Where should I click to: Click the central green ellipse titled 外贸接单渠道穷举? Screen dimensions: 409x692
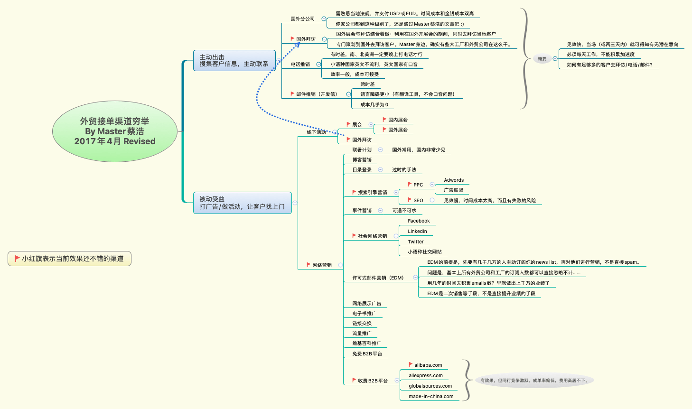click(114, 131)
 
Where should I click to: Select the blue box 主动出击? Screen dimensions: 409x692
click(234, 60)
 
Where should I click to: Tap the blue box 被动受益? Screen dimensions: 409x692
click(242, 203)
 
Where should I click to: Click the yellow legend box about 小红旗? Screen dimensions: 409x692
click(69, 259)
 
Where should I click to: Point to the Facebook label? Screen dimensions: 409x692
click(419, 221)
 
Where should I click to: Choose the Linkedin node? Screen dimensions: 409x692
click(417, 232)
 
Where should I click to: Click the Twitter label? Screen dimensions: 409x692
click(416, 242)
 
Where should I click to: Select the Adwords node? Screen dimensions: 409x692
click(454, 180)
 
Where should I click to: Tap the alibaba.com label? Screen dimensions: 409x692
click(428, 365)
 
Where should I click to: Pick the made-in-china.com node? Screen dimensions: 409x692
click(431, 397)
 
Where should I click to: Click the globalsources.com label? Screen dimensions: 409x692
click(430, 386)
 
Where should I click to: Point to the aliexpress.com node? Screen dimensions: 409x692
click(426, 376)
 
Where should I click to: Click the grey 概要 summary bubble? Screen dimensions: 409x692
click(542, 59)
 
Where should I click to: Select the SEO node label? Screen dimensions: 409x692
click(418, 201)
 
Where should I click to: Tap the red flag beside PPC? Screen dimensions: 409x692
click(410, 184)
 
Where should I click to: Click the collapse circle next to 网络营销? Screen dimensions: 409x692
click(340, 265)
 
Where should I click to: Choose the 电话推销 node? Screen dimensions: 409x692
click(300, 65)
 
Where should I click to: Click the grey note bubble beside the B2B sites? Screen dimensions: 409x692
click(534, 380)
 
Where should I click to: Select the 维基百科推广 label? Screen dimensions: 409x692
click(366, 344)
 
